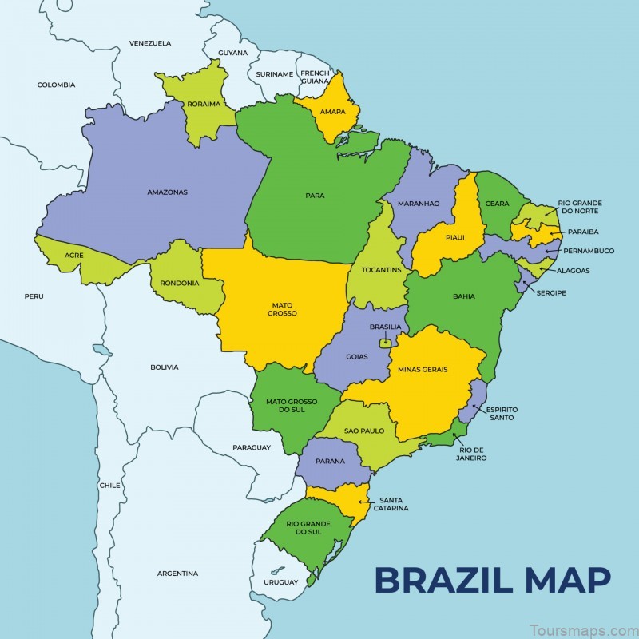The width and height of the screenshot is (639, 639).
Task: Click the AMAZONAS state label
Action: (167, 192)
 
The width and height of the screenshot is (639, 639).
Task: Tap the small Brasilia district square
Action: (386, 343)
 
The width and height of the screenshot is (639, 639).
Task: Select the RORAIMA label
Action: (204, 105)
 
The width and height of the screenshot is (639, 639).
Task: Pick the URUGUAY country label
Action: (280, 581)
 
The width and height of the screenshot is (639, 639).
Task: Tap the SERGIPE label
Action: (551, 293)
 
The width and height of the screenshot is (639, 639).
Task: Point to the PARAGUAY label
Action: (252, 447)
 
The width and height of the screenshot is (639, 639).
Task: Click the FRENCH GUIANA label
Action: (315, 77)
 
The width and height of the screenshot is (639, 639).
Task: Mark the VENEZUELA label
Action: (150, 43)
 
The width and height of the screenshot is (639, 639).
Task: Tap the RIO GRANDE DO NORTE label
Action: (580, 208)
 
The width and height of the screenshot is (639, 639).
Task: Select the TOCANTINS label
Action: (381, 270)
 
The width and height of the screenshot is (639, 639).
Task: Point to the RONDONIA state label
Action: (180, 282)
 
